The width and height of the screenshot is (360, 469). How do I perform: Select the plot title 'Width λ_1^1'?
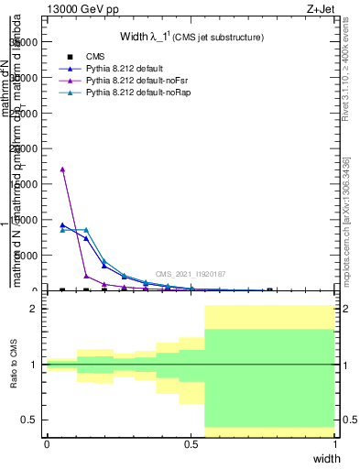click(x=191, y=38)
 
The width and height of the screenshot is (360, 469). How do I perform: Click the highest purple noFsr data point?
click(x=62, y=169)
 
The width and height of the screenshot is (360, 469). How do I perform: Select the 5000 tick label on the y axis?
click(x=36, y=256)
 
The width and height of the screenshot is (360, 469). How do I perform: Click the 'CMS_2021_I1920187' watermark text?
click(x=190, y=274)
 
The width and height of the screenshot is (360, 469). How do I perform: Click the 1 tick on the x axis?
click(x=336, y=444)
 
